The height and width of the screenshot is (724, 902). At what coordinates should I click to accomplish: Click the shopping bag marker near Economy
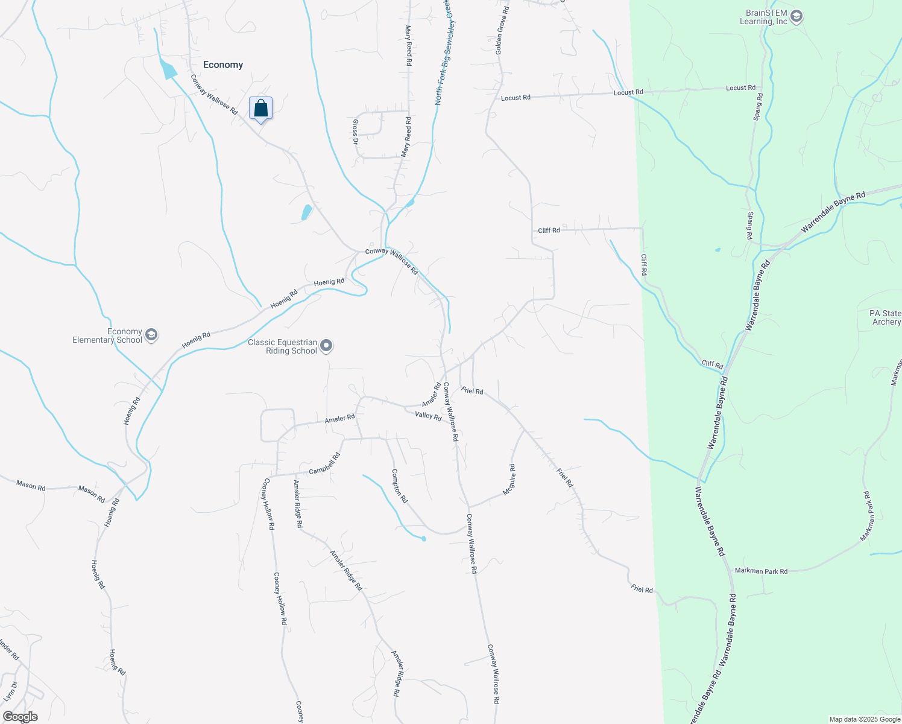[x=260, y=109]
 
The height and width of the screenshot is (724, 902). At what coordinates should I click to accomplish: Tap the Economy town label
[x=223, y=65]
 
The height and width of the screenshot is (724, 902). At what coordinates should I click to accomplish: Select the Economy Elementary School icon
[x=151, y=335]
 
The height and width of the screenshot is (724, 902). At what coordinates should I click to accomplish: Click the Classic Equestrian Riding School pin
[x=326, y=346]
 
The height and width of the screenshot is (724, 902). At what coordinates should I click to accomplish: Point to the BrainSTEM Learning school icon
[x=796, y=16]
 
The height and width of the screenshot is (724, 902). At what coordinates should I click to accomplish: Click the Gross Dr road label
[x=355, y=132]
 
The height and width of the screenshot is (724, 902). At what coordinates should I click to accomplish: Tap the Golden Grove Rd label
[x=502, y=31]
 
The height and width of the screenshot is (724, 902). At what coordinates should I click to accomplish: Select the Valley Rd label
[x=428, y=416]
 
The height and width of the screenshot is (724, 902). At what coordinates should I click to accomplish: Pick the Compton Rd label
[x=400, y=486]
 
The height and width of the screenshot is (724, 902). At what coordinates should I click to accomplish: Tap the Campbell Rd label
[x=325, y=463]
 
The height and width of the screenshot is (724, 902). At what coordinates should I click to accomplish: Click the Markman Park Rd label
[x=761, y=571]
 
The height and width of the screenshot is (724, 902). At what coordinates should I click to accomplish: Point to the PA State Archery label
[x=885, y=317]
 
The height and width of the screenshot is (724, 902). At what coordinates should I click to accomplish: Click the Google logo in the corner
[x=20, y=717]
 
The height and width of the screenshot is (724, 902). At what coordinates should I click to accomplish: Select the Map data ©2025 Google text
[x=865, y=719]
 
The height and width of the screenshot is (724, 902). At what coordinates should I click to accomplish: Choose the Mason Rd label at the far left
[x=31, y=486]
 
